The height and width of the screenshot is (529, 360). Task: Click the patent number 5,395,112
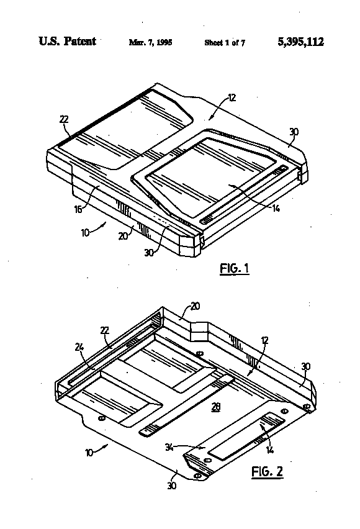coord(300,42)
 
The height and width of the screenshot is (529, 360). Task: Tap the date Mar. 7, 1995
coord(150,42)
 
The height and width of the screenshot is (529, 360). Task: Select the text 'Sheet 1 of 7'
coord(225,42)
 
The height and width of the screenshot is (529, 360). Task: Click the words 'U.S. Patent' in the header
coord(67,41)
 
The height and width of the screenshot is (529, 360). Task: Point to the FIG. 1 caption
coord(235,269)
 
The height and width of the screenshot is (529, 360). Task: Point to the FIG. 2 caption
coord(268,471)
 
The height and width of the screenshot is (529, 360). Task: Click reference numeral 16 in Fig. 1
coord(78,209)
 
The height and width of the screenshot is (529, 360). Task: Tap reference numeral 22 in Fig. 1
coord(64,119)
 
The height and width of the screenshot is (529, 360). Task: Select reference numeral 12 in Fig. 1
coord(232,98)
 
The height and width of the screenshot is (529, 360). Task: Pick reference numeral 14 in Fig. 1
coord(276,209)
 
